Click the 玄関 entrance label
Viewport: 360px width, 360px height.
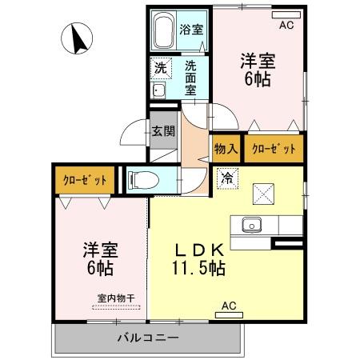pos(164,131)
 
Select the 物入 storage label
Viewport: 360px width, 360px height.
pos(226,148)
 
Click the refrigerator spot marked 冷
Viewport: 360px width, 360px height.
pos(226,178)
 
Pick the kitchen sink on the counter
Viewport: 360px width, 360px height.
pos(252,225)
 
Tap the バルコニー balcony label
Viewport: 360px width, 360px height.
pos(147,338)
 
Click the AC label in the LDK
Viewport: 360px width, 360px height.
pos(229,306)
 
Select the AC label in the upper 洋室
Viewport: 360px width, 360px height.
pos(285,25)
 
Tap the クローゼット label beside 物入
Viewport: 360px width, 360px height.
pos(274,148)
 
